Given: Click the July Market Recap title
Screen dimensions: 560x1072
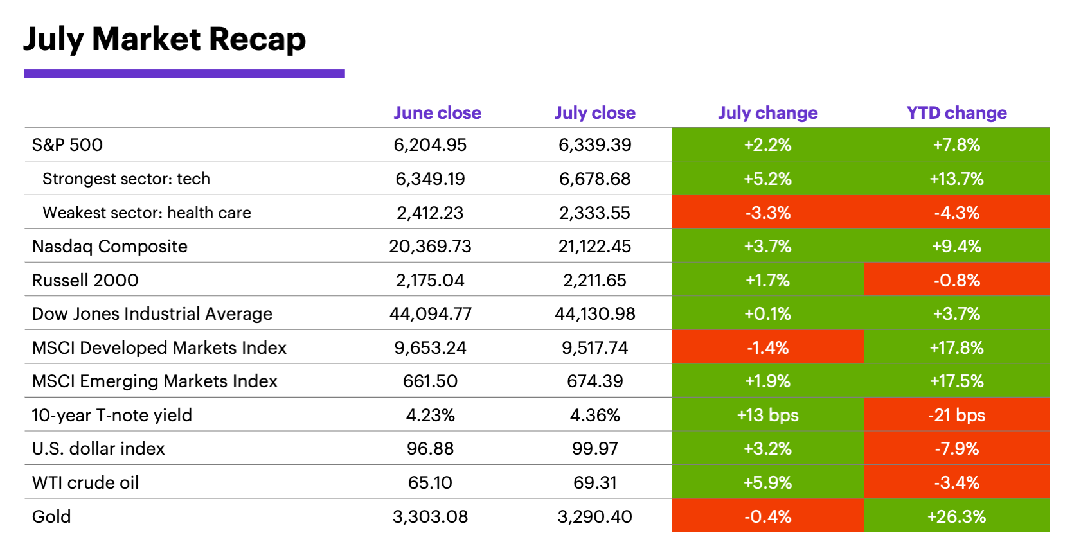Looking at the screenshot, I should (165, 39).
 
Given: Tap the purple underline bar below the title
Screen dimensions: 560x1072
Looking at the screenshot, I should (184, 74).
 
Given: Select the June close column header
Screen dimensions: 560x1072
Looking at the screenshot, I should (437, 113).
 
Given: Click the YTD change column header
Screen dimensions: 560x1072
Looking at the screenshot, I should (956, 113).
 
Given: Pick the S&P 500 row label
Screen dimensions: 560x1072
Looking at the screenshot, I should (67, 144).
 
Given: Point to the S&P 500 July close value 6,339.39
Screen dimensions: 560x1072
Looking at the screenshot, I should (594, 144).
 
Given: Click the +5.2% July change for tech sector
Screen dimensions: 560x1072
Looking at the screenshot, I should (767, 179).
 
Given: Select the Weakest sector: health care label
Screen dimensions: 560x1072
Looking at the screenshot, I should (147, 213).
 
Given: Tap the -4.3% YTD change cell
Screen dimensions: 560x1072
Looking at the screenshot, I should (956, 213).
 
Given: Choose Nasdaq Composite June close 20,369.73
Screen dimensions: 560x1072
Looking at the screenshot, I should (430, 247).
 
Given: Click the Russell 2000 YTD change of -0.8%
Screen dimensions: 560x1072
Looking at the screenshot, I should (956, 280).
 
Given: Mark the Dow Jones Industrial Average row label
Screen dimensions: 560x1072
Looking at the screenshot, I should (152, 314).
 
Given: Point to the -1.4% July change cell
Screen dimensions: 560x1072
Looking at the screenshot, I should (767, 347).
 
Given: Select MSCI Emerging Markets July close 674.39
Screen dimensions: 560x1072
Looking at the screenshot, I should (594, 381).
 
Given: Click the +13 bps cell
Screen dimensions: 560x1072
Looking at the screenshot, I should (767, 415).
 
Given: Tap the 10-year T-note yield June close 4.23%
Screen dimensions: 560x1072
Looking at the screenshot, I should (430, 415).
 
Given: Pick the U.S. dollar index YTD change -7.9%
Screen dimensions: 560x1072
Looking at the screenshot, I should (956, 449).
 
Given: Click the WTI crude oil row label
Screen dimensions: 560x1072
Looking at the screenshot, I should (85, 482).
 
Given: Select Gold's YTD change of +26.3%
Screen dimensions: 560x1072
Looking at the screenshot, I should (956, 516).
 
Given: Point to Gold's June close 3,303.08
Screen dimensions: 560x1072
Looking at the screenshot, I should (430, 516).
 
